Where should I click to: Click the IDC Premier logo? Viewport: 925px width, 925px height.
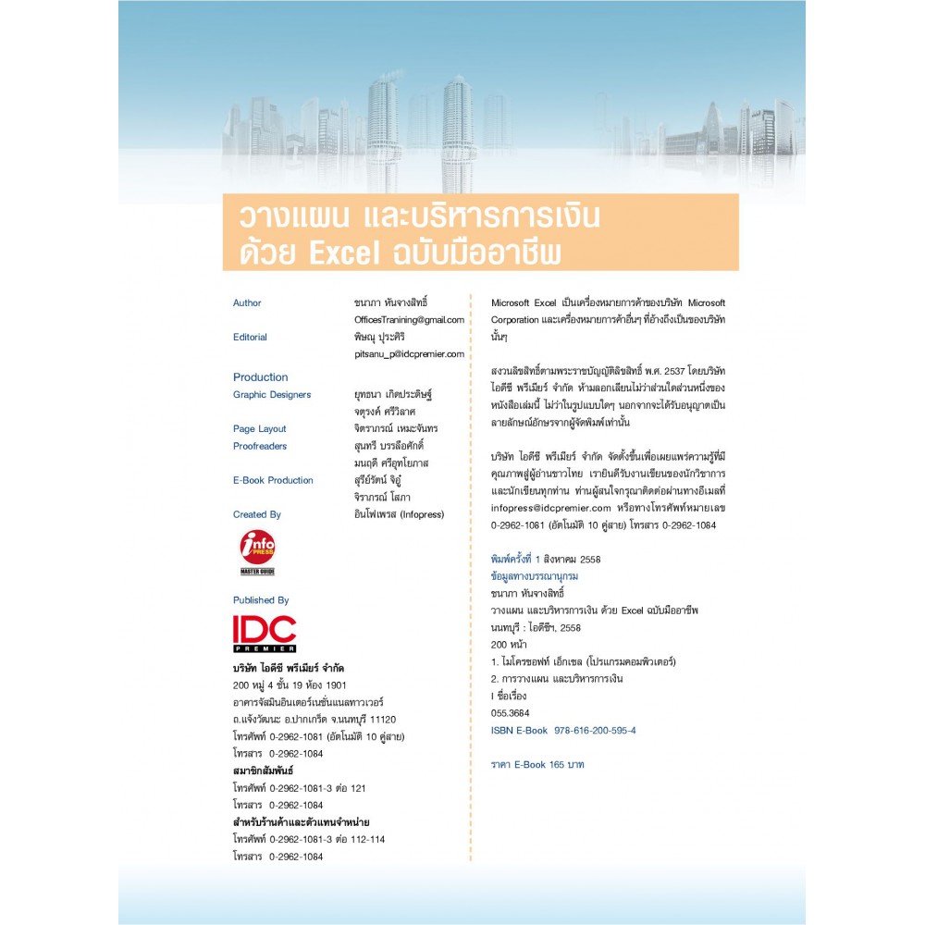(x=265, y=634)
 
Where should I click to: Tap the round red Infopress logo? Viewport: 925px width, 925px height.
(x=257, y=547)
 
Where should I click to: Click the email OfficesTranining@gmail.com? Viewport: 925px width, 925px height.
(x=402, y=319)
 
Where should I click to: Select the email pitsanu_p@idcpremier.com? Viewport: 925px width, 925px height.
(x=402, y=353)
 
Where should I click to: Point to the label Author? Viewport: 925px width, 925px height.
(x=247, y=302)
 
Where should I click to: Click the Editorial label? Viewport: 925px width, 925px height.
(x=250, y=337)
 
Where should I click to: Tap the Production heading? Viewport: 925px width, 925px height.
(x=260, y=376)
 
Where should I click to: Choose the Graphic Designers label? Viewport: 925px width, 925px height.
(x=272, y=394)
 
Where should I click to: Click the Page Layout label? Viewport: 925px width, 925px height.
(x=259, y=428)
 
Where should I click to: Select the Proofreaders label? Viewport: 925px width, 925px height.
(x=260, y=446)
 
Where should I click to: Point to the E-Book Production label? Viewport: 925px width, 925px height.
(x=273, y=480)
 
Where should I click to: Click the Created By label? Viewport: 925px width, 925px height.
(x=257, y=514)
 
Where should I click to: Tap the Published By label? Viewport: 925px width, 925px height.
(x=261, y=599)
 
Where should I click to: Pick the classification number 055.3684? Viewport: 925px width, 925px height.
(x=511, y=713)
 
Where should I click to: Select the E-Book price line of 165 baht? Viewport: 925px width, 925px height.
(x=537, y=765)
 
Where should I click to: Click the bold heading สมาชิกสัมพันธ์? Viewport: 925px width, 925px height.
(x=263, y=771)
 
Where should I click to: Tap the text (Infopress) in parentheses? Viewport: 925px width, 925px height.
(x=422, y=514)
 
